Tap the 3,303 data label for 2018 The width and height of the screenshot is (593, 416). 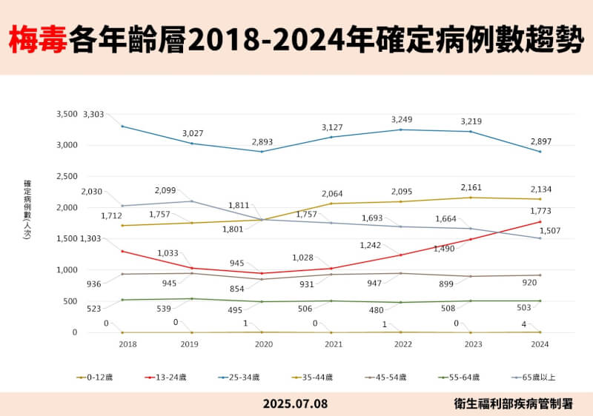pyautogui.click(x=93, y=114)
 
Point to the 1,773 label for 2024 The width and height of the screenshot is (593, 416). pyautogui.click(x=540, y=212)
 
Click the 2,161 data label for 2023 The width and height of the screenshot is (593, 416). pyautogui.click(x=471, y=187)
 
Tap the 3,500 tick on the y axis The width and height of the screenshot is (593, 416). pyautogui.click(x=67, y=115)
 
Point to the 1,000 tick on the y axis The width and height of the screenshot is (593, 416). pyautogui.click(x=67, y=270)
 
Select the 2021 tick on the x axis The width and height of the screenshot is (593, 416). pyautogui.click(x=332, y=345)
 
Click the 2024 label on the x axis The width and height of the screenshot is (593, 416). pyautogui.click(x=540, y=345)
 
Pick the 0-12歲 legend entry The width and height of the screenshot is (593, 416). pyautogui.click(x=95, y=377)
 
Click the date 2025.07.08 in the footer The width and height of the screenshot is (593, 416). pyautogui.click(x=295, y=404)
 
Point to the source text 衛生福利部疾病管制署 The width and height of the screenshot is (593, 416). pyautogui.click(x=514, y=404)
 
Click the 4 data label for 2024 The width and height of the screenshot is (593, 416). pyautogui.click(x=524, y=324)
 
